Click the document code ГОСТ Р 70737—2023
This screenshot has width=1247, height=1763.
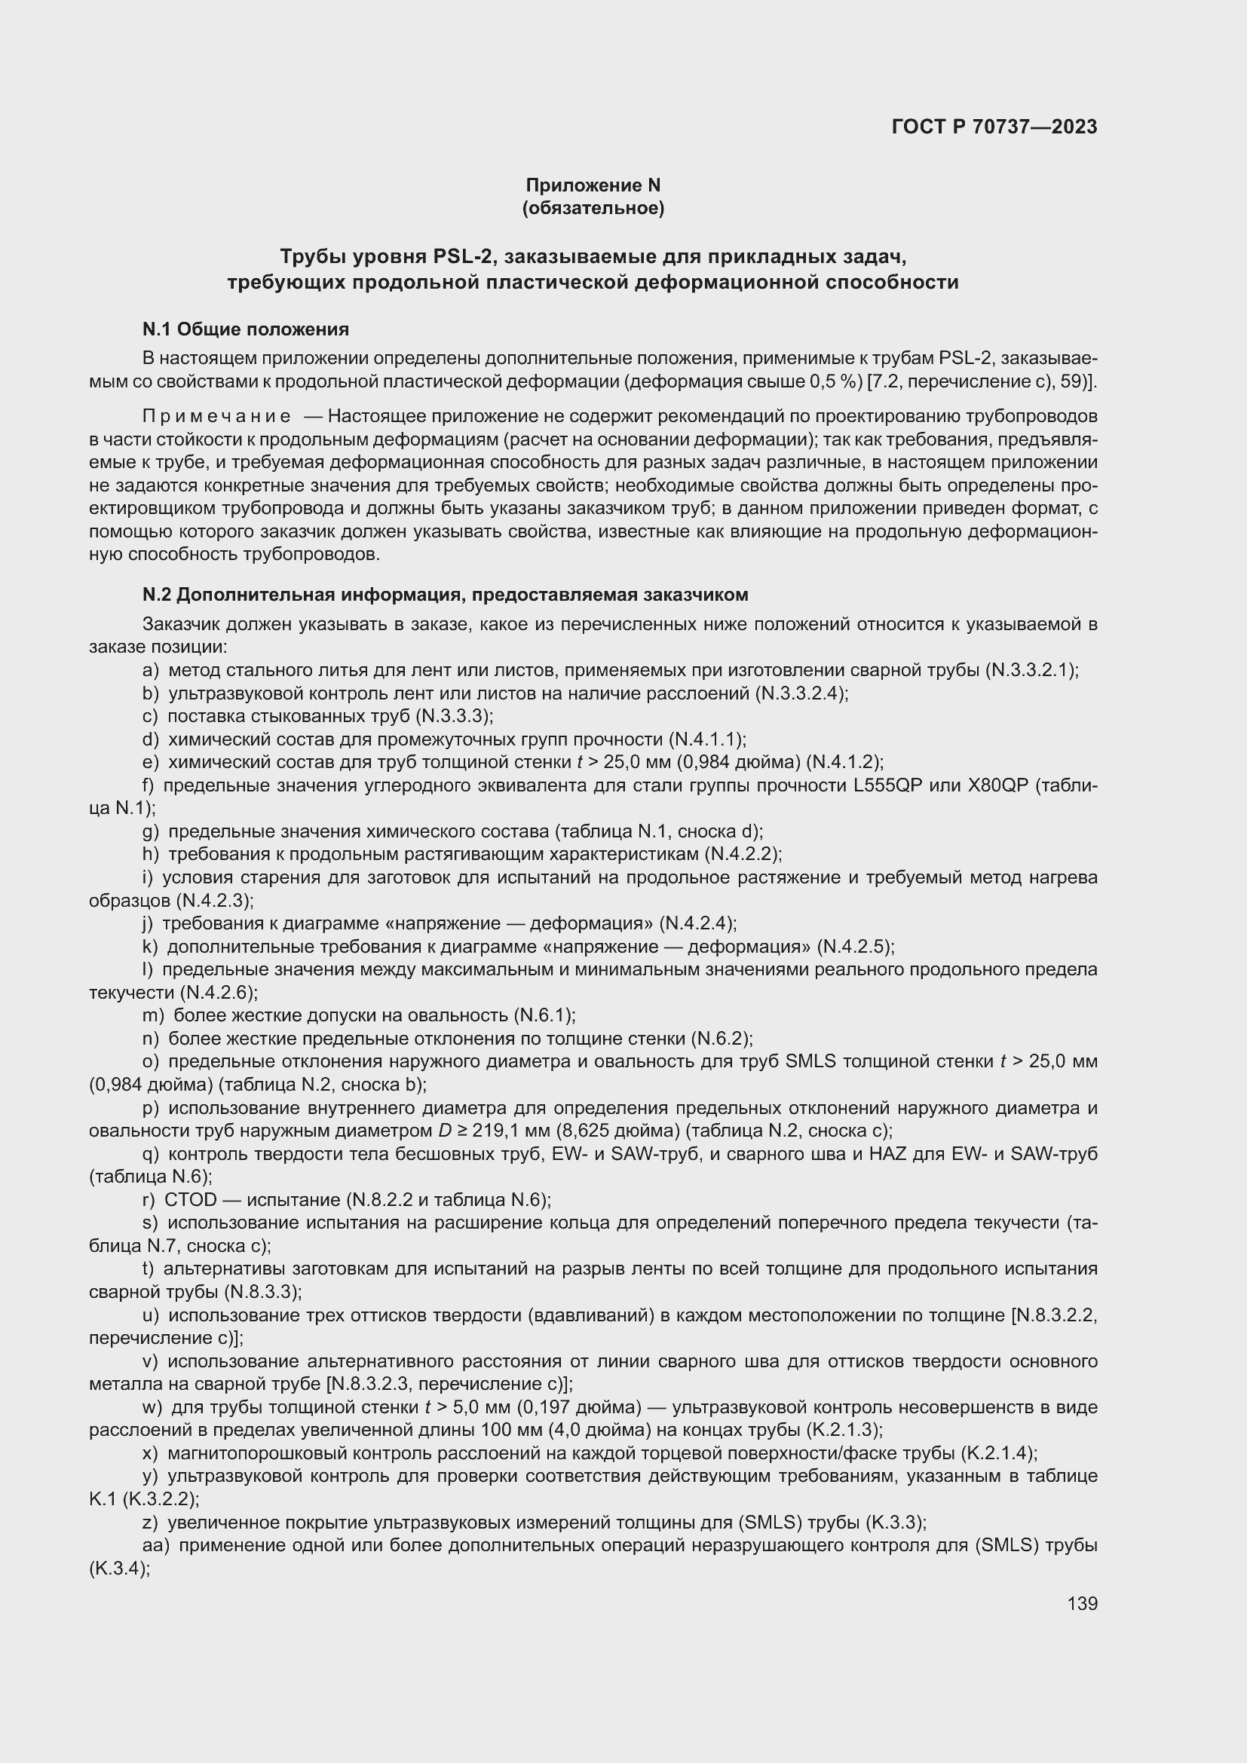point(994,127)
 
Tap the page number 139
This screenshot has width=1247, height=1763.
point(1082,1603)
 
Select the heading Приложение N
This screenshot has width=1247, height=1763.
point(593,185)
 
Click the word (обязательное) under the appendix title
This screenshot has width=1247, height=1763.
point(593,208)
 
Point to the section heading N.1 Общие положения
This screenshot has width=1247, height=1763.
point(246,329)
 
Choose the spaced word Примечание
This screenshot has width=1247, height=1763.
point(216,417)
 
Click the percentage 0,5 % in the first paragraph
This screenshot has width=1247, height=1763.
point(835,381)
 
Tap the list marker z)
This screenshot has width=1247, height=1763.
point(151,1523)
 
